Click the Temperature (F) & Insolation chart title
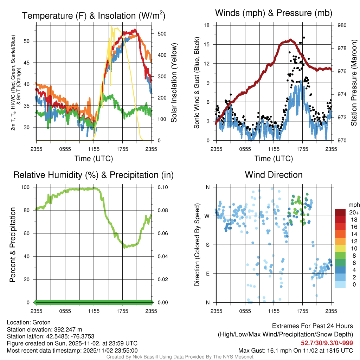pos(94,15)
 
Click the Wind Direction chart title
pos(274,175)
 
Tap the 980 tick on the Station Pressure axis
pos(342,25)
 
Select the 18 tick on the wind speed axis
pos(207,25)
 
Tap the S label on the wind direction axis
pos(208,245)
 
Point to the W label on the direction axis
pos(207,216)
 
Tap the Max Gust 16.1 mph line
pos(295,350)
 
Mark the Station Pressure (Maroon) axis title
pos(354,83)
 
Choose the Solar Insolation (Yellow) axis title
pos(174,83)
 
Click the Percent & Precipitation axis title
pos(12,245)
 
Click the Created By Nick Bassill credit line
pos(180,357)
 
